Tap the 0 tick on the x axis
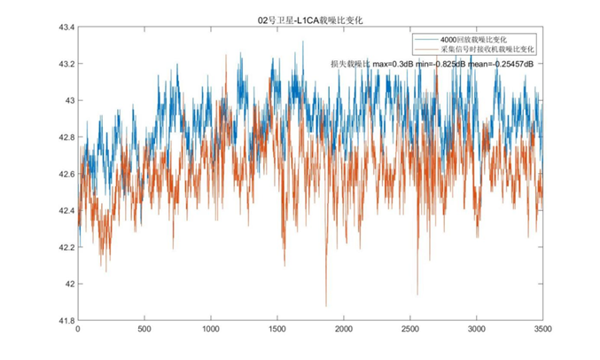78,330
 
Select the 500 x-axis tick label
144,330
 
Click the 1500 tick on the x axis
277,330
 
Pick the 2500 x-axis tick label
410,330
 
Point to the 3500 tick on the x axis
542,330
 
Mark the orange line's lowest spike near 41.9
326,305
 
